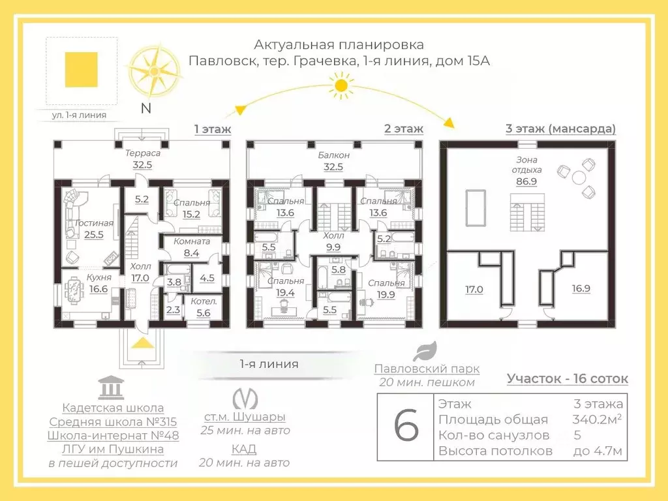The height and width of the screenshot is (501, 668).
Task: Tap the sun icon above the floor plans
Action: point(340,85)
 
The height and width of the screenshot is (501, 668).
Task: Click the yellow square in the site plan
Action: point(82,69)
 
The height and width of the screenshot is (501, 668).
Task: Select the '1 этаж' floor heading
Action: point(213,129)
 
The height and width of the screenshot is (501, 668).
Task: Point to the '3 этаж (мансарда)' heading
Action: point(560,129)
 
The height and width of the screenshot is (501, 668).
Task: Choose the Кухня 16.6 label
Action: point(99,283)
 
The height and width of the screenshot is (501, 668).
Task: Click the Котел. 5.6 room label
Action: point(204,307)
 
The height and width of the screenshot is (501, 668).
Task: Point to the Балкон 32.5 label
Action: point(335,161)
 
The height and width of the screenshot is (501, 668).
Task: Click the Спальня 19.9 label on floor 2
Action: point(386,289)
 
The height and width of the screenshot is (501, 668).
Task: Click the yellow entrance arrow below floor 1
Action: point(143,345)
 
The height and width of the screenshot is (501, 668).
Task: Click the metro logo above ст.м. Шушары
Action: point(245,398)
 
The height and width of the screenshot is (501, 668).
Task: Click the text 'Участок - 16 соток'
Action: point(568,378)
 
